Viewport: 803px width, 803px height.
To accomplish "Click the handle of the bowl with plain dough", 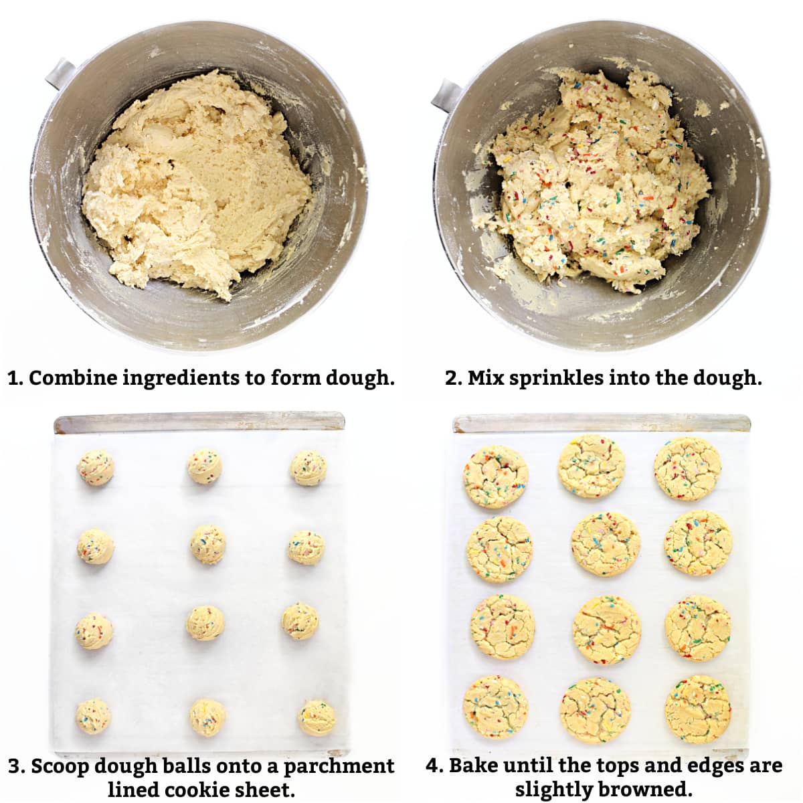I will pyautogui.click(x=59, y=72).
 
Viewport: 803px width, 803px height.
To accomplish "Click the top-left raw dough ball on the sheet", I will pyautogui.click(x=95, y=468).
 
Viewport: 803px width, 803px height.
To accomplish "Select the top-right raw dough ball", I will pyautogui.click(x=308, y=468).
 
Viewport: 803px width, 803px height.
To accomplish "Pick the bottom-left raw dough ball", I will pyautogui.click(x=94, y=716).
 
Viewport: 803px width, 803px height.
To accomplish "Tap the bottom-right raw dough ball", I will pyautogui.click(x=317, y=717).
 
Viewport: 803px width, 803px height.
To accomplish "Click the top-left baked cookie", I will pyautogui.click(x=495, y=476).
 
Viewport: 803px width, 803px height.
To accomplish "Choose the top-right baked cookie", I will pyautogui.click(x=687, y=469).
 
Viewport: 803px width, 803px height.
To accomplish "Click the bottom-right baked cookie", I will pyautogui.click(x=697, y=709).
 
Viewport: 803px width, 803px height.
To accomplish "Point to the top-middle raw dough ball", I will pyautogui.click(x=204, y=466).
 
